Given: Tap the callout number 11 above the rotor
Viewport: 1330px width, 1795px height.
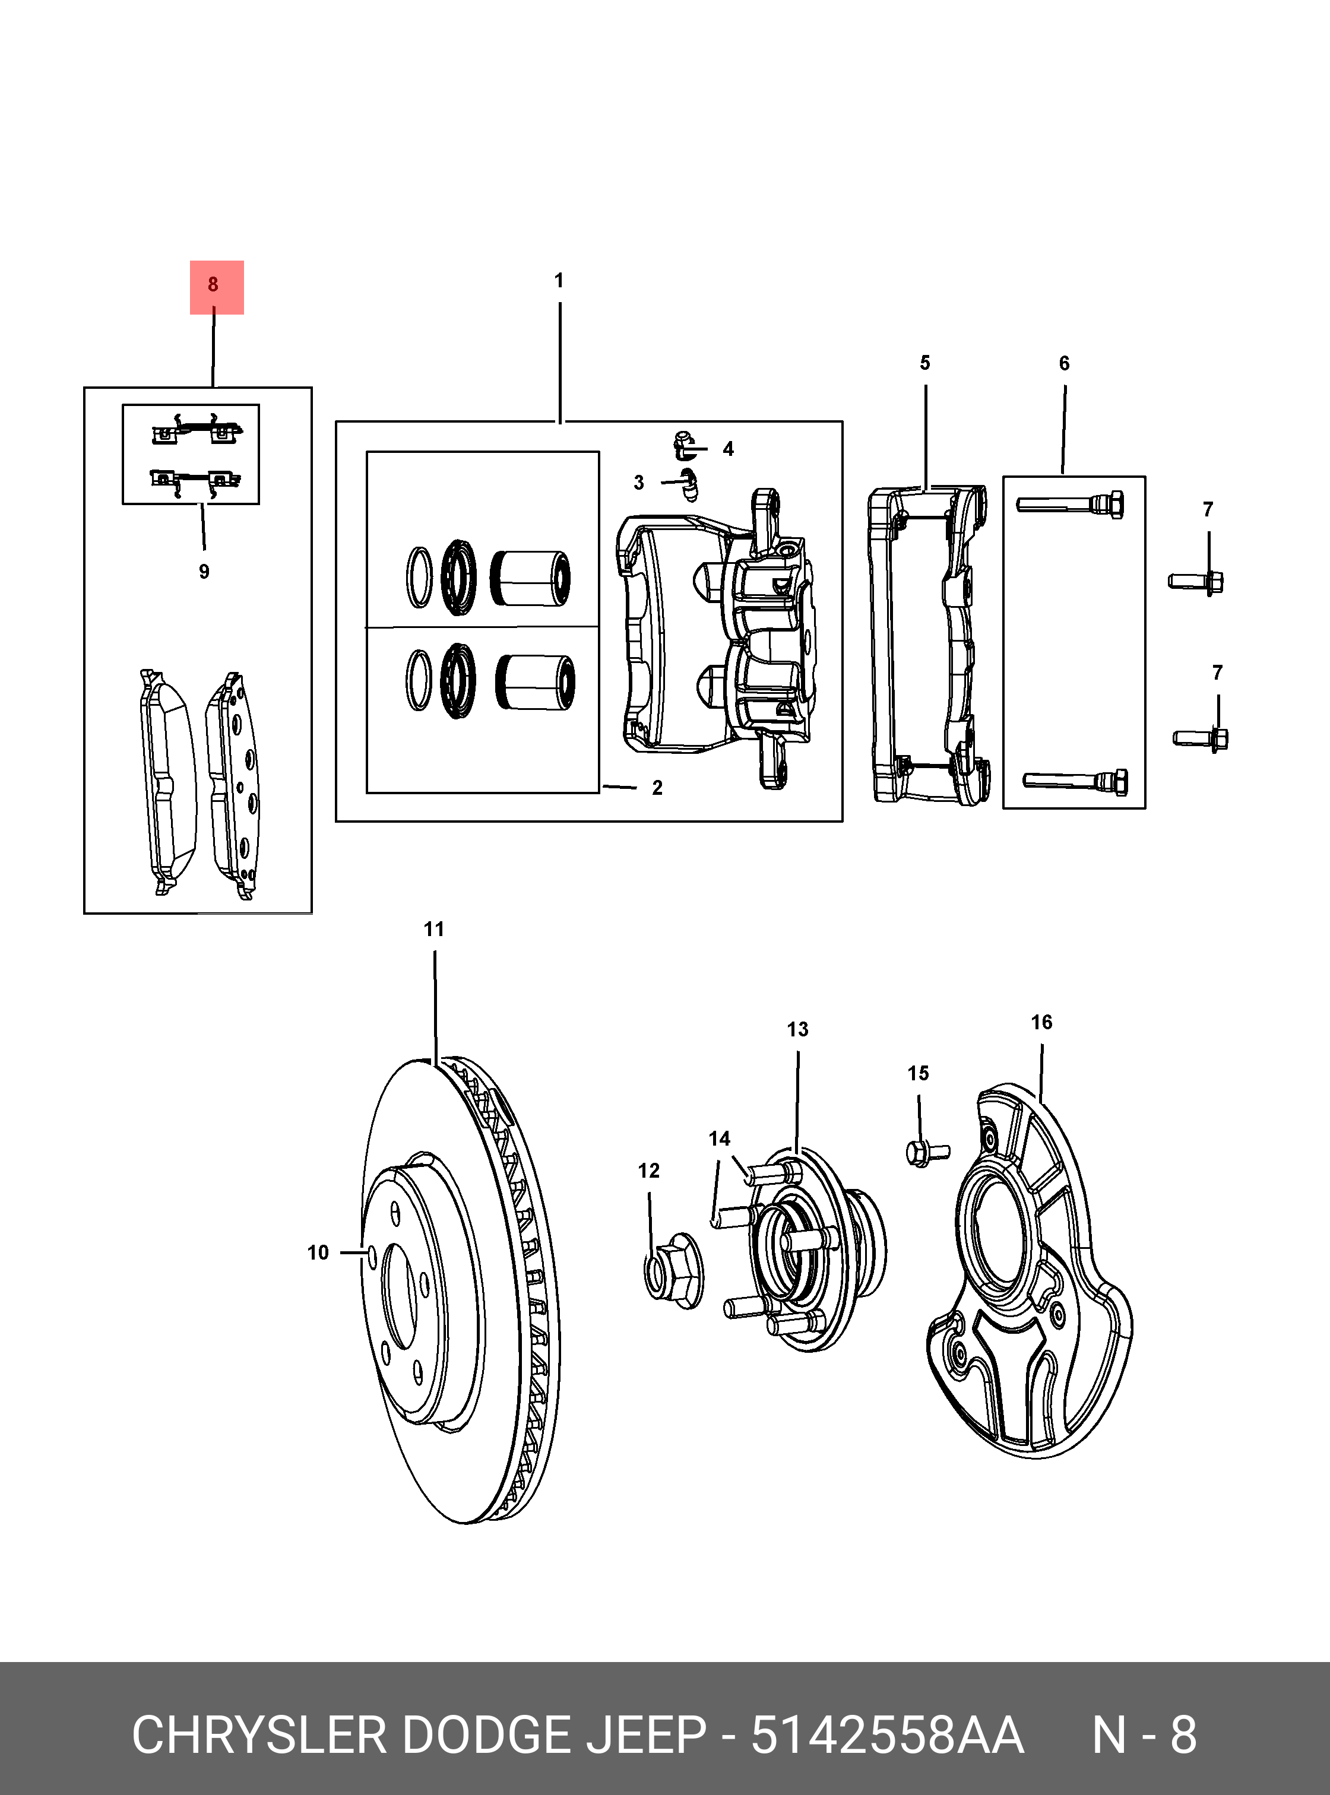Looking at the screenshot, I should (x=434, y=929).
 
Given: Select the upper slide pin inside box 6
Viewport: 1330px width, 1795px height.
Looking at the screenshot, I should (x=1070, y=505).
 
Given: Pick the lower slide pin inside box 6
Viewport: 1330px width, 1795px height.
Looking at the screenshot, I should (x=1075, y=780).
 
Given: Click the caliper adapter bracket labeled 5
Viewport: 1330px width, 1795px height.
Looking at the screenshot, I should (x=926, y=644).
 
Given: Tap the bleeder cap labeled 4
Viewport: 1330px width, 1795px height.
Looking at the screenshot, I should (x=685, y=445).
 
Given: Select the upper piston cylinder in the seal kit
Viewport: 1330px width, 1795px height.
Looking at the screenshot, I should (x=531, y=578).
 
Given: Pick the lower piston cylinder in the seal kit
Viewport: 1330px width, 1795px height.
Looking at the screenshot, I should (x=536, y=682).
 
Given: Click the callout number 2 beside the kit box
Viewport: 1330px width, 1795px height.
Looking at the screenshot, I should (x=657, y=788).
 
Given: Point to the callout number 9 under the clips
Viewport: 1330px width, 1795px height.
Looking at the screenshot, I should (x=204, y=572).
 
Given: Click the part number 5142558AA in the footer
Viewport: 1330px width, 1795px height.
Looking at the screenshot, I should (x=886, y=1736).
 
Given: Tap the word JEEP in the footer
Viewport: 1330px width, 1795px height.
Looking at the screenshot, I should (x=645, y=1736).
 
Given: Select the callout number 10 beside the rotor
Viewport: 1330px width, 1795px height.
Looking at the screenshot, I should (x=318, y=1252).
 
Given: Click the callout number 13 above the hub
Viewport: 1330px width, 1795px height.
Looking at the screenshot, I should (x=797, y=1029).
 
